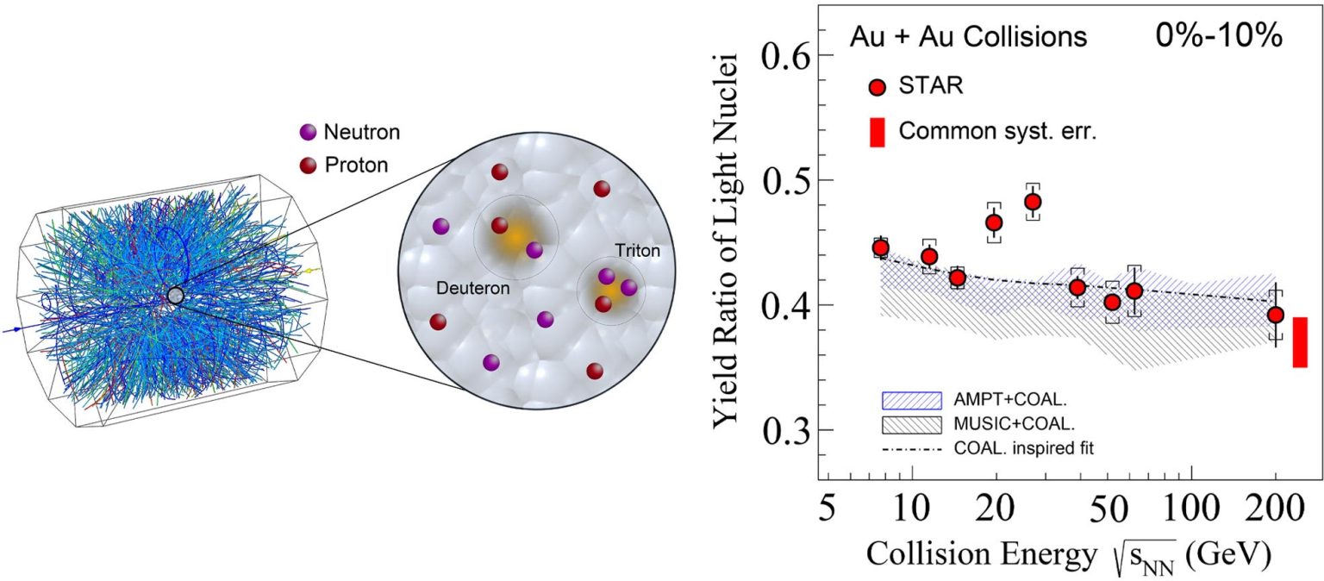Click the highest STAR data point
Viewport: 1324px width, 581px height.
[1032, 202]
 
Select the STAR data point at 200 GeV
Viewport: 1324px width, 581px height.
[1276, 315]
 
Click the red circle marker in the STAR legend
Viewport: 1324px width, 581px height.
[877, 87]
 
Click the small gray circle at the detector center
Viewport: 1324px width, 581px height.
[176, 296]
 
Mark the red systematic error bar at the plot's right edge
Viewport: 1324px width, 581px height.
[1300, 342]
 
